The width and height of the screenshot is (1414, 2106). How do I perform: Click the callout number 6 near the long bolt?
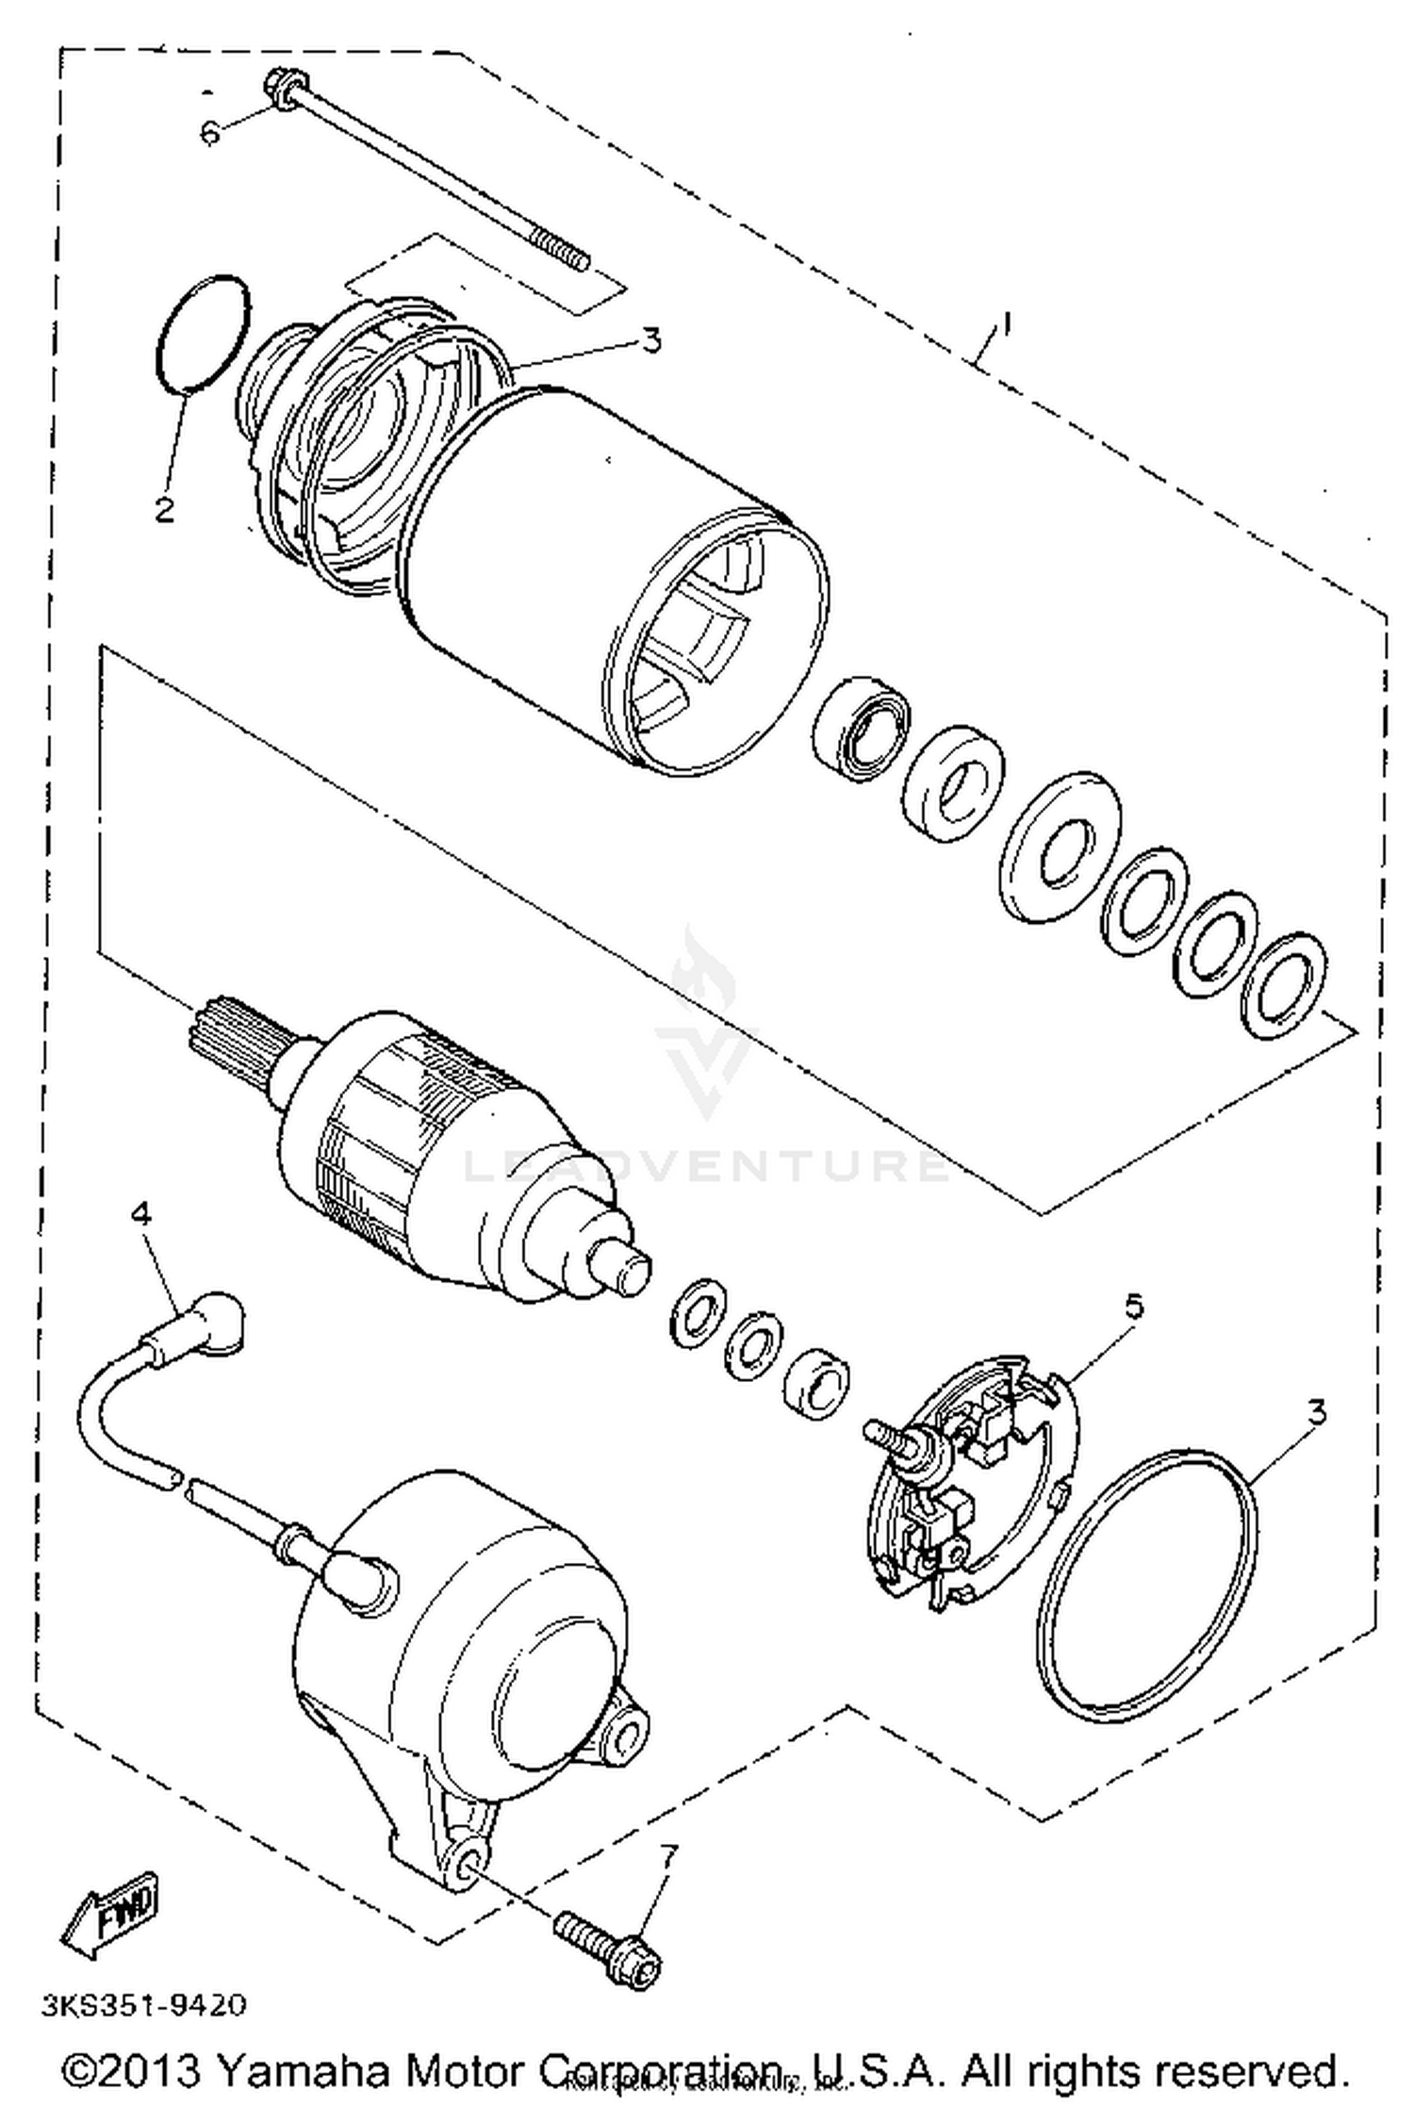(x=209, y=132)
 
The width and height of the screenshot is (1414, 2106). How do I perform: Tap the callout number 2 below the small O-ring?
(x=165, y=510)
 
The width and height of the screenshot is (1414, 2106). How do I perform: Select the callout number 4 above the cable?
(x=140, y=1215)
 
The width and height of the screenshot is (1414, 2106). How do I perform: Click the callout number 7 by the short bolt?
(x=667, y=1857)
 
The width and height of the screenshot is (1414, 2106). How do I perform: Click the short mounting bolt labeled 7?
(x=609, y=1944)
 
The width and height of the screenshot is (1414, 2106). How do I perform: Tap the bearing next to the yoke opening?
(x=861, y=728)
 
